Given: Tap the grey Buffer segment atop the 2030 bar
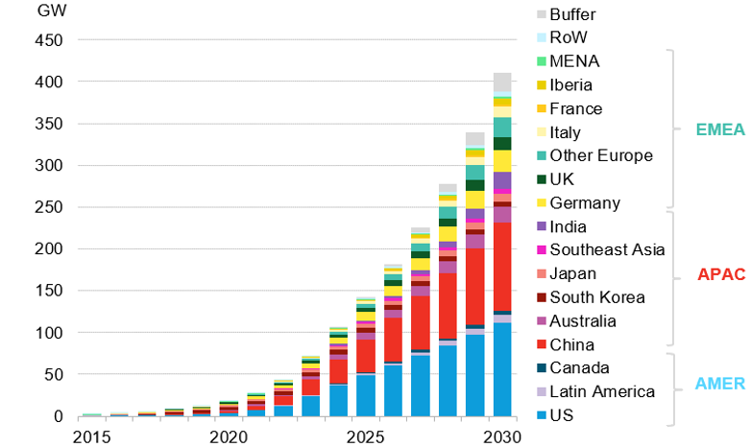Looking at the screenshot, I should [x=501, y=82].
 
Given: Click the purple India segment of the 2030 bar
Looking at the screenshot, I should [x=501, y=182].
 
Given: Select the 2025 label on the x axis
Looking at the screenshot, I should [x=366, y=436].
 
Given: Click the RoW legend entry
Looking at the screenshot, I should [x=581, y=37].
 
